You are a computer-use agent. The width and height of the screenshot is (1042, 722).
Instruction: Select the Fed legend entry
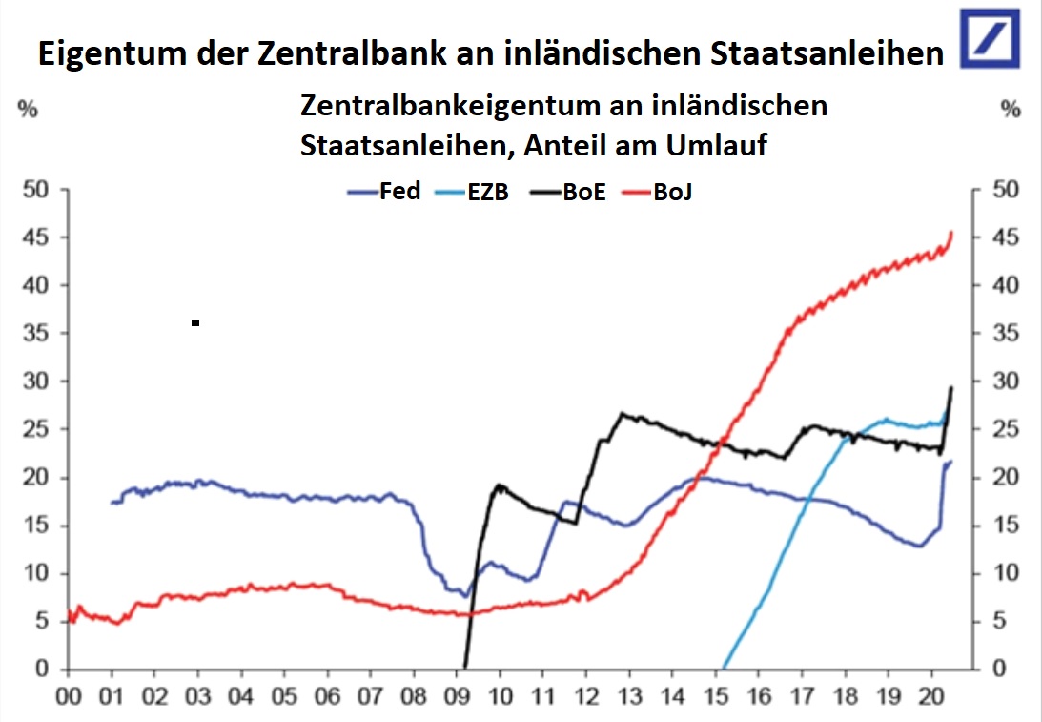pos(385,192)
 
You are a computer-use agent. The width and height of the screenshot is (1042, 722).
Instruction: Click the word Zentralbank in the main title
pos(323,54)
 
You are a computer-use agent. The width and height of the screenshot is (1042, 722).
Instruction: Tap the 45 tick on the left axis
pos(35,237)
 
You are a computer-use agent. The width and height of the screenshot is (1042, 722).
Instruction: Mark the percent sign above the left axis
pos(29,109)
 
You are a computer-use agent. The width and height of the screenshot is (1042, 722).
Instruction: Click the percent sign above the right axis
pos(1011,109)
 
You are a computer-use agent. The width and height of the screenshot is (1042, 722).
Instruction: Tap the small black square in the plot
pos(195,323)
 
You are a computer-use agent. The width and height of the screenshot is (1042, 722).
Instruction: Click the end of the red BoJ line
pos(951,232)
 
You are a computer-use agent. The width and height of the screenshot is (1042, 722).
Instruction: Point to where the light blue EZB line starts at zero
pos(723,668)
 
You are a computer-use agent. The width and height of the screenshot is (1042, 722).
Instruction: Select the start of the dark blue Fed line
pos(112,503)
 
